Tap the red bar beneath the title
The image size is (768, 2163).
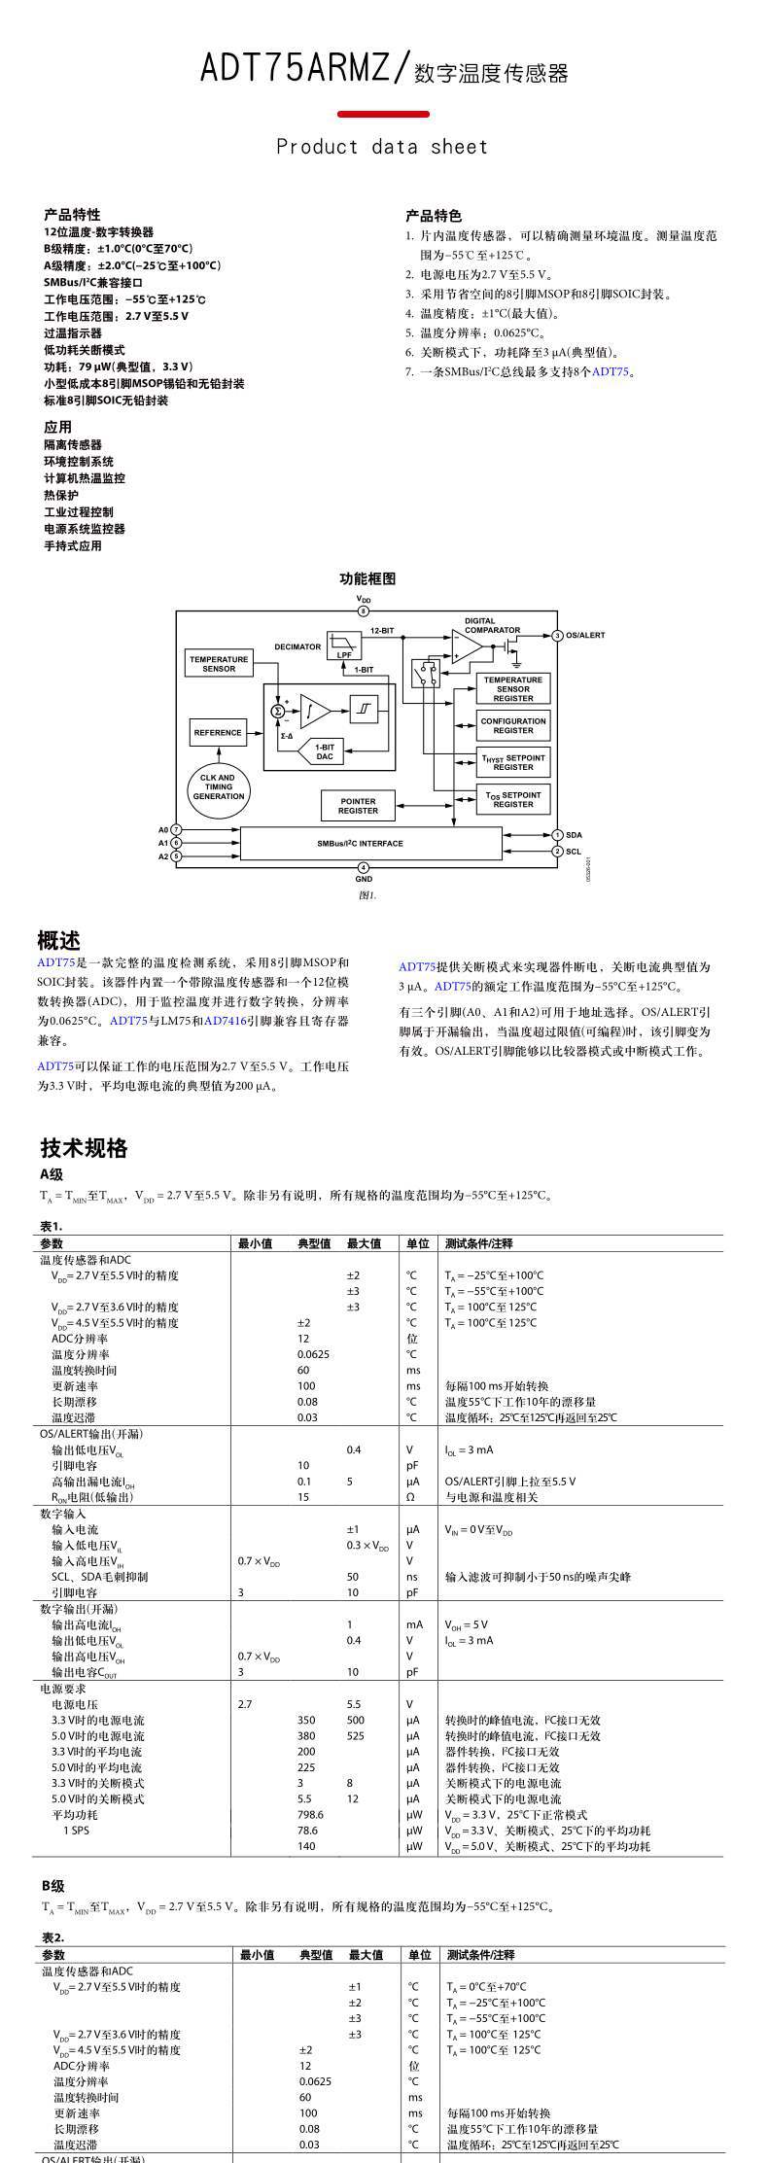(383, 114)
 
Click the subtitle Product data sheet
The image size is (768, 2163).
(382, 147)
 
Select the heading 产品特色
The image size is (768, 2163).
(434, 216)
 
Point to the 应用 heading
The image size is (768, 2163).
(57, 427)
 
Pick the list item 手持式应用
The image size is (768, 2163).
(72, 545)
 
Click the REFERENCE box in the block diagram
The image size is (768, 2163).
(218, 733)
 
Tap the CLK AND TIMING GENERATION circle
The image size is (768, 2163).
(218, 787)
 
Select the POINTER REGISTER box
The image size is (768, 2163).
(358, 805)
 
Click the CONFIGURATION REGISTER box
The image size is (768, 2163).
(513, 725)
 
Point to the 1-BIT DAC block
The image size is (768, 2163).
(324, 751)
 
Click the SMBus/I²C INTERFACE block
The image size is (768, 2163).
(360, 844)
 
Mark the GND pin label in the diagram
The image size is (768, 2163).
(364, 879)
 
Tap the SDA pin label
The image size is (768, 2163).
(574, 835)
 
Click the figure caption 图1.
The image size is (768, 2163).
(367, 895)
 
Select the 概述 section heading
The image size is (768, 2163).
(58, 940)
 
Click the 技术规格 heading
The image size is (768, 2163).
(85, 1148)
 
